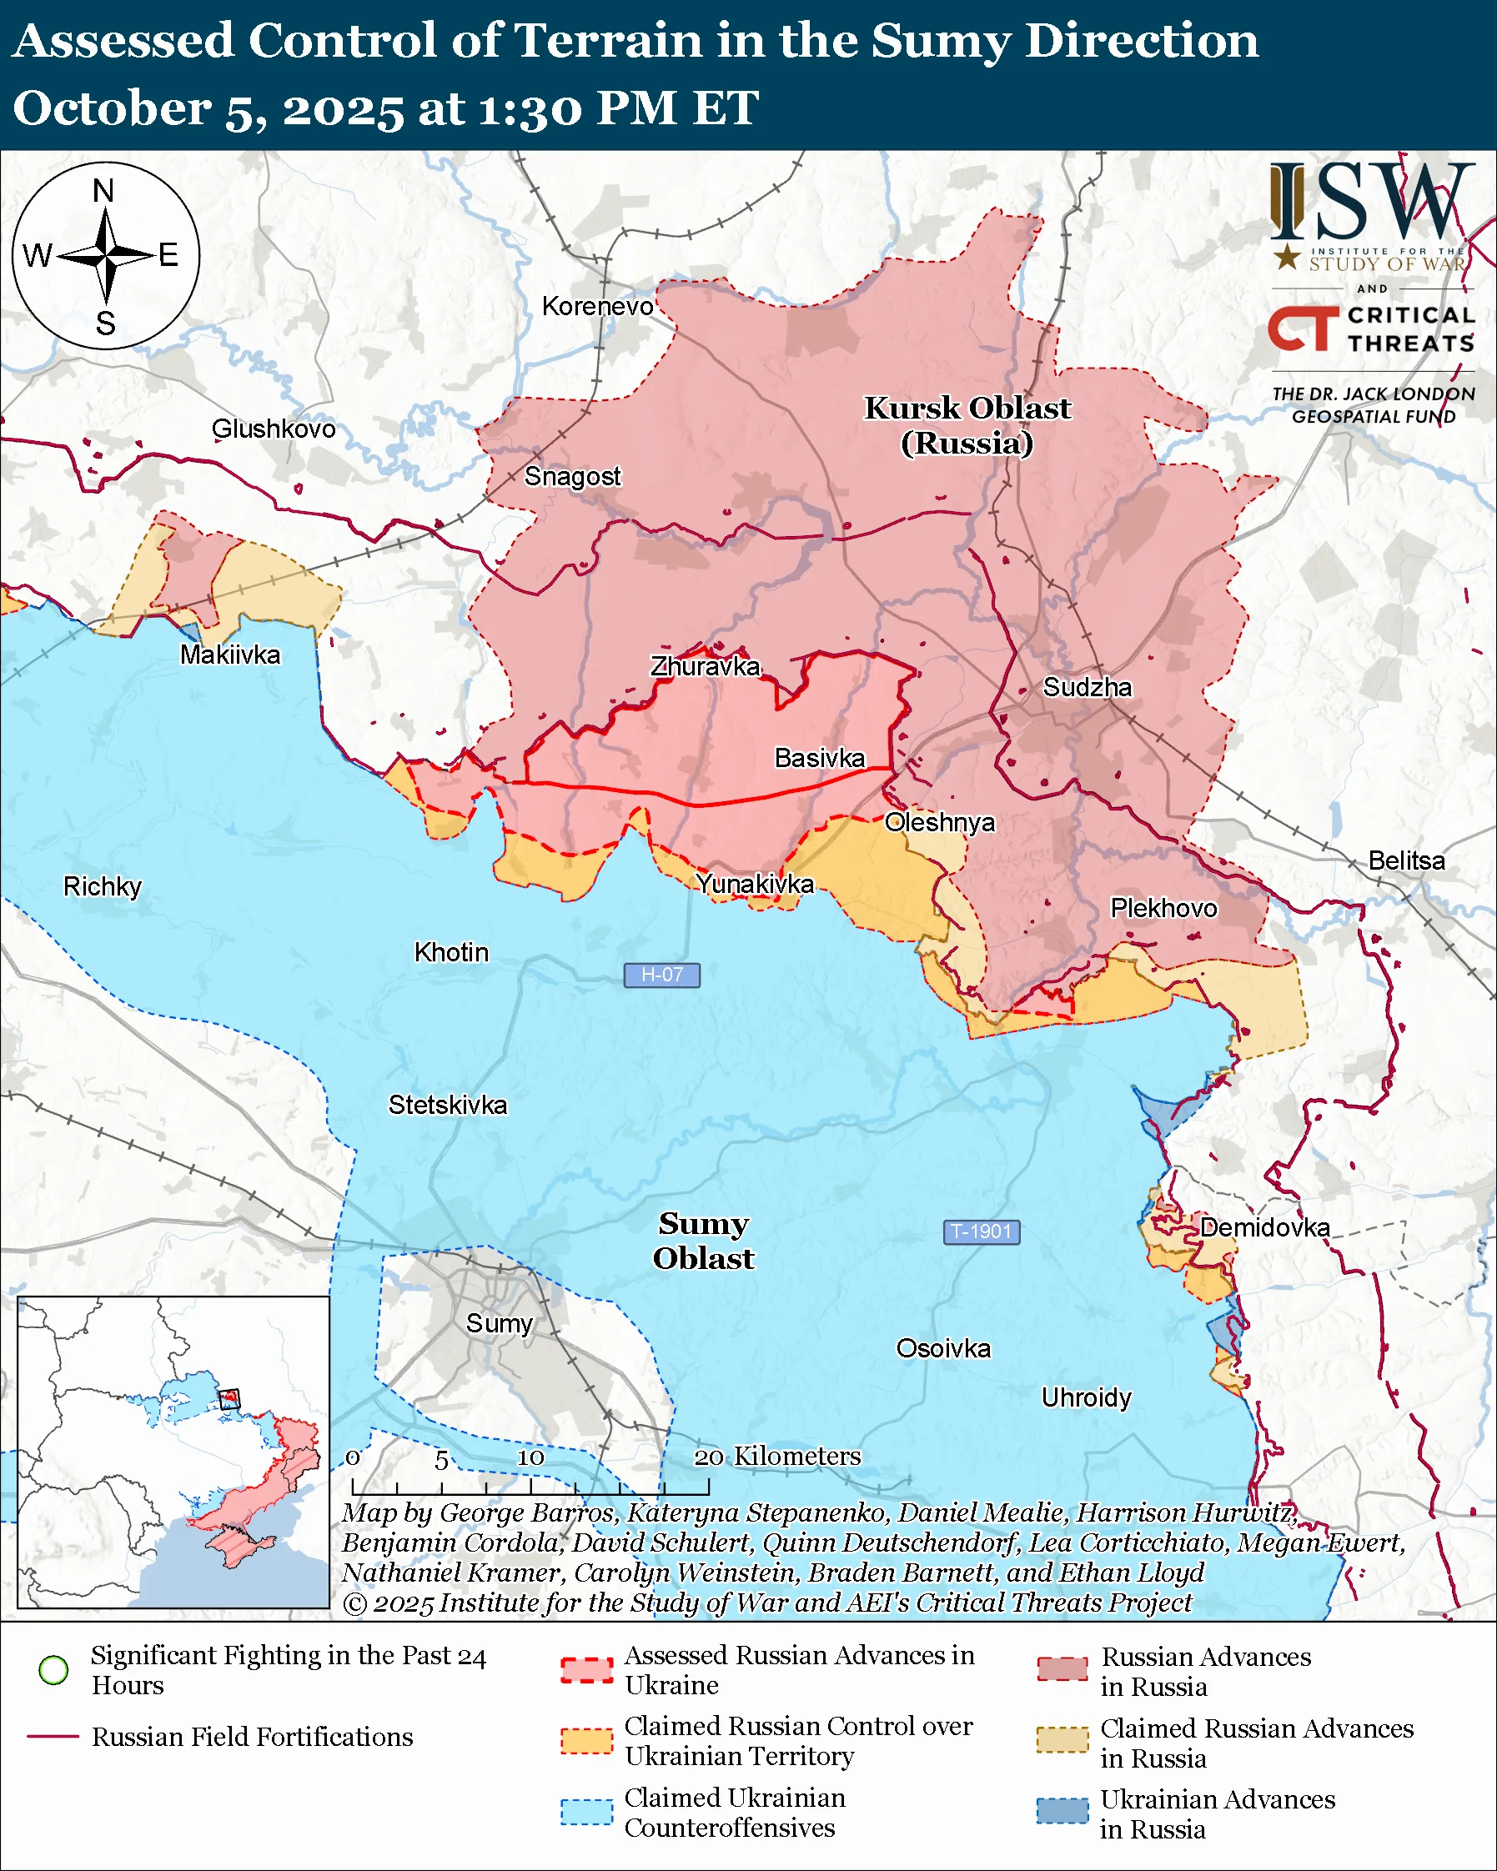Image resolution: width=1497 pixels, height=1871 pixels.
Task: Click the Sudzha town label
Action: coord(1087,687)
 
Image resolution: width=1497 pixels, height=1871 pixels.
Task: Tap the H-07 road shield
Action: coord(661,975)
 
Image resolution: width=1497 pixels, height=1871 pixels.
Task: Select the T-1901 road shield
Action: coord(981,1231)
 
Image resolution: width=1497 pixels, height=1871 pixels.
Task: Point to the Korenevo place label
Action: coord(597,306)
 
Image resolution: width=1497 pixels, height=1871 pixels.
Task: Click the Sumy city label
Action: coord(499,1323)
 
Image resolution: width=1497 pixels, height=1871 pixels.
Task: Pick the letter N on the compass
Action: coord(103,191)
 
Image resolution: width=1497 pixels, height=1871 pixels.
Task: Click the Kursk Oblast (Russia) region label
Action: coord(967,425)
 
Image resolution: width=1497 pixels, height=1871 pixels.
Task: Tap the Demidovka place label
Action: coord(1264,1227)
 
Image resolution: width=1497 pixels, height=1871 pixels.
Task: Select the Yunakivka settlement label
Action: coord(755,884)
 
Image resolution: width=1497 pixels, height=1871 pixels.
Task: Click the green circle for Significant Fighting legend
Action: coord(54,1670)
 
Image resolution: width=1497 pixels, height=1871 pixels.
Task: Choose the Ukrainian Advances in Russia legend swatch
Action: coord(1062,1811)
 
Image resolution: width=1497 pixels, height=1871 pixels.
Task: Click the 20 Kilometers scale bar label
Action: coord(777,1456)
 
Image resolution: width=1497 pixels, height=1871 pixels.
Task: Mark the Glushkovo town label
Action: coord(274,429)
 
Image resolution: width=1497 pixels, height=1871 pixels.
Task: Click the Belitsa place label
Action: coord(1406,860)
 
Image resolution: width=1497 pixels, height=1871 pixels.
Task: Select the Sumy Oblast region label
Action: coord(703,1241)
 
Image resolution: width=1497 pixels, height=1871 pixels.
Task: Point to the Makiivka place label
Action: coord(230,655)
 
